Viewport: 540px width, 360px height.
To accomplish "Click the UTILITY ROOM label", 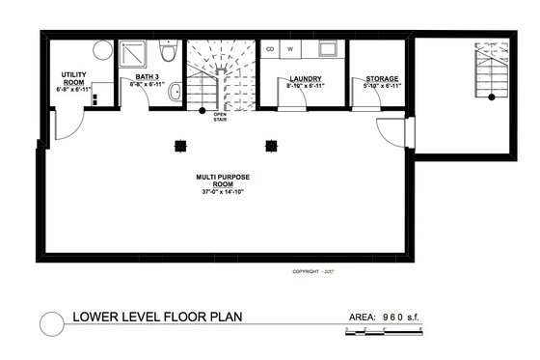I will [75, 78].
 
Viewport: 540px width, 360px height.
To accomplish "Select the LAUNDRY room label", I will [305, 80].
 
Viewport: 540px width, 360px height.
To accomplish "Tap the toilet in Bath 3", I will [168, 52].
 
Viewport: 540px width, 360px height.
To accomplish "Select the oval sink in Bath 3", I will [175, 94].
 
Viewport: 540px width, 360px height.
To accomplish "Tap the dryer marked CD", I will [271, 48].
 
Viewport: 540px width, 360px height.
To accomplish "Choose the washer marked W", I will [289, 48].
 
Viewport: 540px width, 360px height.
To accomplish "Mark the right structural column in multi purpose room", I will [271, 146].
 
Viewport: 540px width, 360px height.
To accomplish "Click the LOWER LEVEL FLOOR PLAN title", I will [158, 317].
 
